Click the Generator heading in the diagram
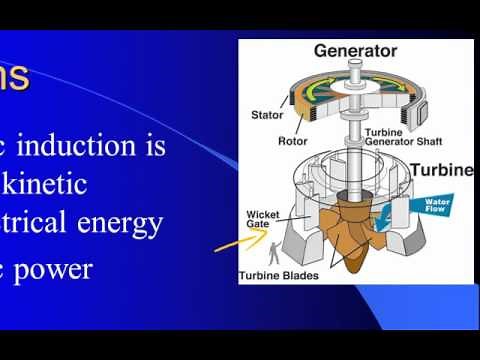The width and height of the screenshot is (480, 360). pos(355,50)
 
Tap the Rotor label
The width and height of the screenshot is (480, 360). pos(292,141)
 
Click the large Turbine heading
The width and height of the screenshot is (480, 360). pos(440,170)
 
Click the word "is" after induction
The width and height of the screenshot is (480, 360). pos(154,147)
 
